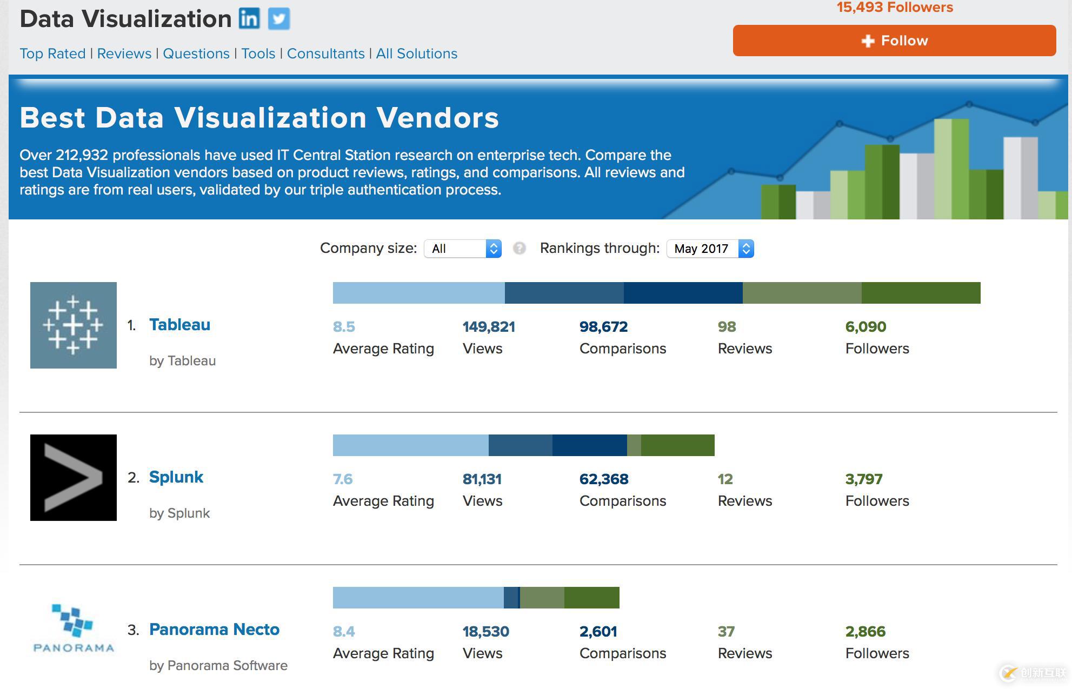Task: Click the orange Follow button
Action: coord(894,41)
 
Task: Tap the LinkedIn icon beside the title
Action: coord(249,19)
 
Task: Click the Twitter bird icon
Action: coord(279,19)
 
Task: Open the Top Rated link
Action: coord(52,53)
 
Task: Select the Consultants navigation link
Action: coord(325,53)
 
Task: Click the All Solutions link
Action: coord(416,53)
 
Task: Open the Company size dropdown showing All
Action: coord(463,249)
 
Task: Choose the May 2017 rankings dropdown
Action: coord(710,249)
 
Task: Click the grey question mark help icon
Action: coord(520,248)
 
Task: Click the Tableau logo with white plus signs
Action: coord(74,325)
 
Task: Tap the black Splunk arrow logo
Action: coord(74,478)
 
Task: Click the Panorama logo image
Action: coord(74,629)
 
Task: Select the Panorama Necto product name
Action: coord(214,630)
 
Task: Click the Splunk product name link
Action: coord(176,477)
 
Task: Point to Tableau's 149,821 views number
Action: coord(489,327)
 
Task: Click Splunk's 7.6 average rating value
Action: coord(343,479)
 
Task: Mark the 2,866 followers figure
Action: coord(865,632)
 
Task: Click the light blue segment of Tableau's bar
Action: coord(418,293)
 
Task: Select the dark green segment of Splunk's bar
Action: coord(677,445)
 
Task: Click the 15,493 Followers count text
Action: coord(895,8)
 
